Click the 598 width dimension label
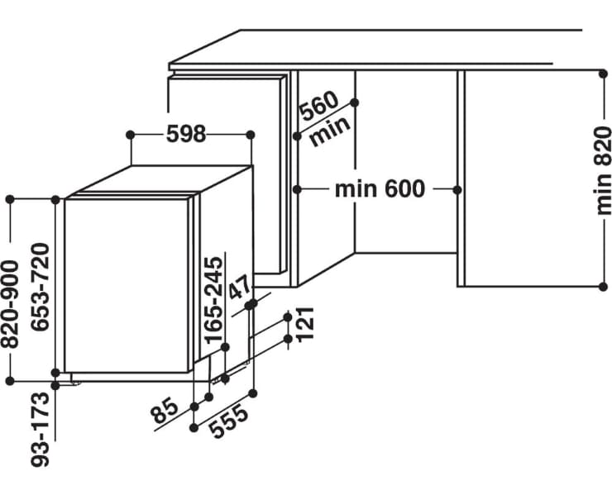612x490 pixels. [x=186, y=134]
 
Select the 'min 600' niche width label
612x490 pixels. [x=380, y=189]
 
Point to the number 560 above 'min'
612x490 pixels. [x=318, y=106]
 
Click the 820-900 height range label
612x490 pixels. [x=9, y=304]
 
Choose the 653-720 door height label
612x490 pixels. [x=41, y=287]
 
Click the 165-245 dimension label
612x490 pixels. [x=214, y=300]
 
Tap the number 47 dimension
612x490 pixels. [x=239, y=288]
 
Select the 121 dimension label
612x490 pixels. [x=305, y=325]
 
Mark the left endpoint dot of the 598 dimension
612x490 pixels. [x=131, y=135]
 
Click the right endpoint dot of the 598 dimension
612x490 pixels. [x=251, y=135]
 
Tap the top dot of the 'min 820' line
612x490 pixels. [x=604, y=74]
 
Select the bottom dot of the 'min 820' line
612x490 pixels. [x=604, y=287]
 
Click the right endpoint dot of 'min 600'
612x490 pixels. [x=457, y=190]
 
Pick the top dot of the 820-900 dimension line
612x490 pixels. [x=10, y=200]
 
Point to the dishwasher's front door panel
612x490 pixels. [x=126, y=286]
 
